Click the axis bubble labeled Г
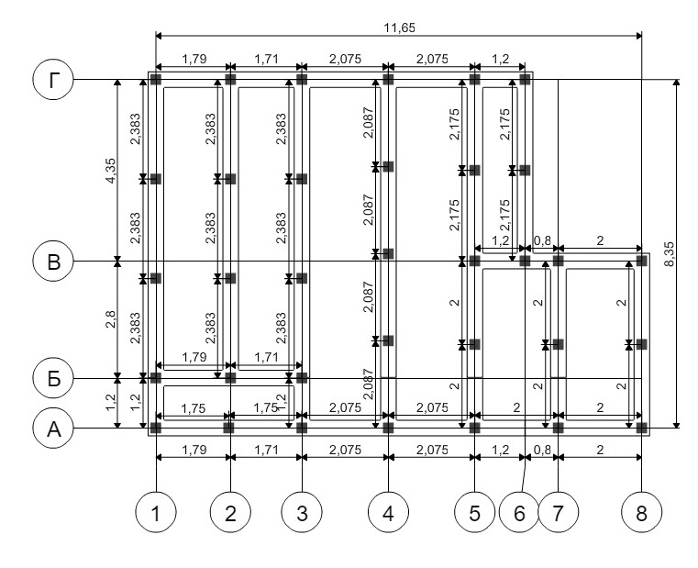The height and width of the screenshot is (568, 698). pos(53,80)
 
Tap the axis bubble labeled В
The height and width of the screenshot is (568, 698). pos(53,261)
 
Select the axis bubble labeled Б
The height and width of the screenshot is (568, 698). pos(53,379)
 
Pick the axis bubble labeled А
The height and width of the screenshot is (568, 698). pos(53,429)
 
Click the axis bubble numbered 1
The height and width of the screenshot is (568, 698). pos(156,512)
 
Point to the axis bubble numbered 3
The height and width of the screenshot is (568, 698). pos(302,512)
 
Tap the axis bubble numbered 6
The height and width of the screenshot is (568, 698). pos(519,512)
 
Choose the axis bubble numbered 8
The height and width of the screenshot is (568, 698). pos(641,512)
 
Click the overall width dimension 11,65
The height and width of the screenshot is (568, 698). pos(399,28)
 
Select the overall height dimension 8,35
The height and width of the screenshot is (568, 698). pos(669,254)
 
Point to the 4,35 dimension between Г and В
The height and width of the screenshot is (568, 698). pos(110,170)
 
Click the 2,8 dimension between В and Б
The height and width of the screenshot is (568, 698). pos(110,319)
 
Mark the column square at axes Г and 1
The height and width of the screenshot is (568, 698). pos(156,80)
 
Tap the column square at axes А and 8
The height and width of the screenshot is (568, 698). pos(641,429)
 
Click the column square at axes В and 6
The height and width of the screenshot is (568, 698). pos(526,261)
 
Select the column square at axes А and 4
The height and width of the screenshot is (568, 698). pos(389,429)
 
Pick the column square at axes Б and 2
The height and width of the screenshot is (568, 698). pos(230,378)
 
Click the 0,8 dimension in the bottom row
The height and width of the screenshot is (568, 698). pos(542,450)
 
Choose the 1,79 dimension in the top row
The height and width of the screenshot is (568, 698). pos(194,59)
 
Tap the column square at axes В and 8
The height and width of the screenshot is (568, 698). pos(641,261)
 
